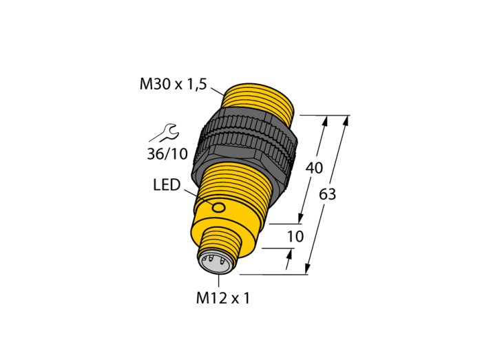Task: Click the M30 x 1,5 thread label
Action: click(174, 84)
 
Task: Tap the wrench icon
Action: click(165, 133)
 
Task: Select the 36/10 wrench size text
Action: click(167, 153)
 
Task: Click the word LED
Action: click(167, 185)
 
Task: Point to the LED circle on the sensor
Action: click(219, 208)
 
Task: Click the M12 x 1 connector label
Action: click(223, 298)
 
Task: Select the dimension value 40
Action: click(314, 168)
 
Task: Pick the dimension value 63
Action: click(327, 194)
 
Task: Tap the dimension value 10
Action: click(295, 237)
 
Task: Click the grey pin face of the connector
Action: click(214, 262)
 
